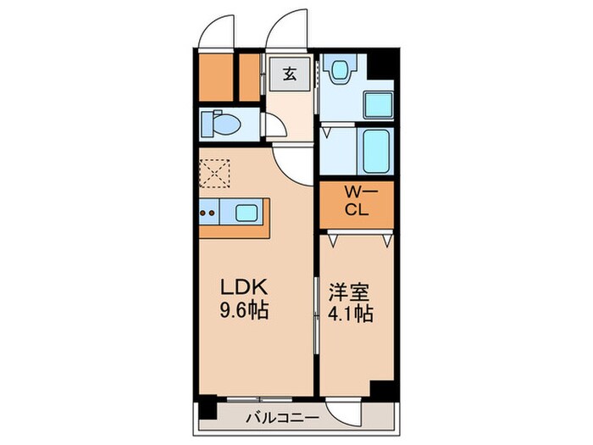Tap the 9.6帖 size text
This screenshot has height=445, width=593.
(x=246, y=311)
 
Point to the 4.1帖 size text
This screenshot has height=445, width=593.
(x=352, y=311)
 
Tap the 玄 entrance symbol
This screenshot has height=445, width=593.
(x=289, y=74)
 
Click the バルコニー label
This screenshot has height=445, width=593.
(x=282, y=417)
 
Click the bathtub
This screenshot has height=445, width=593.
(x=375, y=150)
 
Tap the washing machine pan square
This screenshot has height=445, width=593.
(x=377, y=103)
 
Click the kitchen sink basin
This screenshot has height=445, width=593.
(x=248, y=212)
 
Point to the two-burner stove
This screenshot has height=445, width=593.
(x=208, y=212)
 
